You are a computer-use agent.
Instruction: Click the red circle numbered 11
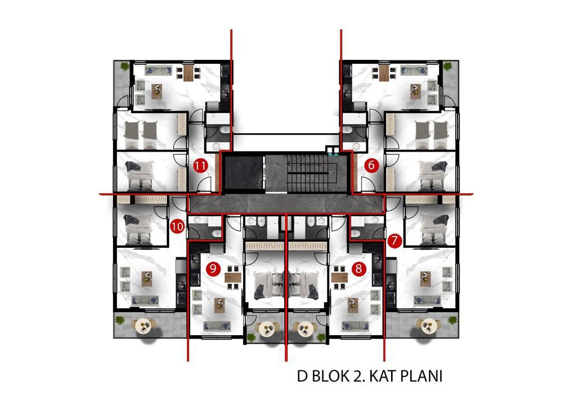(x=201, y=166)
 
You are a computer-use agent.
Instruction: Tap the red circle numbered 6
(x=371, y=166)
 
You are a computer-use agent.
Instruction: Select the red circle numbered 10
(x=177, y=227)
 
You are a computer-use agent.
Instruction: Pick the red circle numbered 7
(x=395, y=241)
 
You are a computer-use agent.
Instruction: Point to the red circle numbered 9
(x=213, y=269)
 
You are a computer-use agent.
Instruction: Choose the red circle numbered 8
(x=359, y=269)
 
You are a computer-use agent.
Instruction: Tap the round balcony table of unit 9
(x=267, y=329)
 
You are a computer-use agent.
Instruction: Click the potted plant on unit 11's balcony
(x=125, y=66)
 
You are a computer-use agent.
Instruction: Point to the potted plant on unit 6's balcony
(x=447, y=66)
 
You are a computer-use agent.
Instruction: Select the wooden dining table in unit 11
(x=188, y=72)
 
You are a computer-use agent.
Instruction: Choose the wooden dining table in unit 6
(x=384, y=72)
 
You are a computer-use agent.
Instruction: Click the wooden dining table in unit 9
(x=233, y=277)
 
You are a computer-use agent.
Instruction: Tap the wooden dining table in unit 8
(x=339, y=277)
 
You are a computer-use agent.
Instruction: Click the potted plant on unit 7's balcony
(x=452, y=321)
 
